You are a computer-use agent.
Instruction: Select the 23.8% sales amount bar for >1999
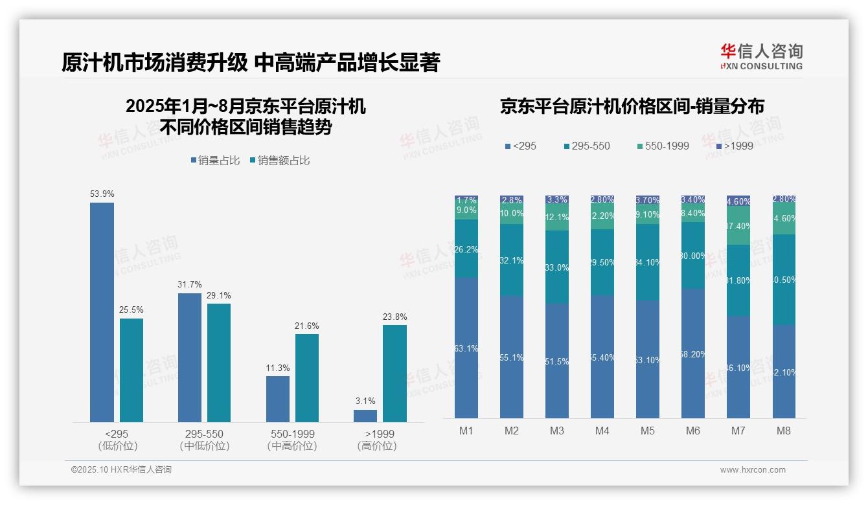394,374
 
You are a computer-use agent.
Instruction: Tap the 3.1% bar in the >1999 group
365,416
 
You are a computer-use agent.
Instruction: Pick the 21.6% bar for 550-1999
307,378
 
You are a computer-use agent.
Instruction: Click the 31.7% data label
190,284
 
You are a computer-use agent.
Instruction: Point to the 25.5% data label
131,309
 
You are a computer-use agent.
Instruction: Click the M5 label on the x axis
648,431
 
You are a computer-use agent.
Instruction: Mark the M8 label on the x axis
783,431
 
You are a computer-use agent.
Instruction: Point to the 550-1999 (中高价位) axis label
292,440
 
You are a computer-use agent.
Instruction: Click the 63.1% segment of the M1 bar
466,348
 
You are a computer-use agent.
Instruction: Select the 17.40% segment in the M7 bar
738,226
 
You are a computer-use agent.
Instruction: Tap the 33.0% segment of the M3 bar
557,267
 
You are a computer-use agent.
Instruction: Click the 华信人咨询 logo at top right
761,56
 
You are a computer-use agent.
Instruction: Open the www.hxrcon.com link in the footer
753,470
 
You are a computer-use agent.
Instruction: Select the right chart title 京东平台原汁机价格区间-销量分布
632,107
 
